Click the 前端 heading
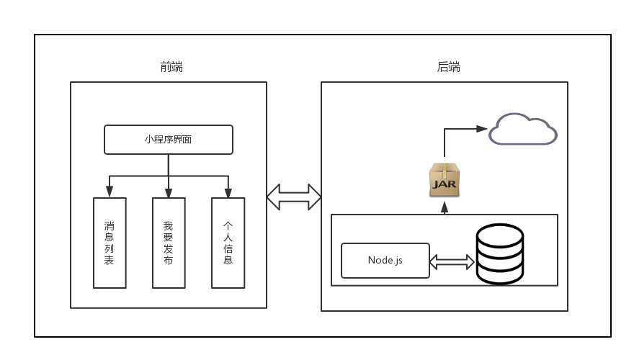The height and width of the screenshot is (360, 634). coord(171,67)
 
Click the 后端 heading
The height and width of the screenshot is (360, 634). coord(448,67)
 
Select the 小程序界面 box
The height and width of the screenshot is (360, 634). coord(169,140)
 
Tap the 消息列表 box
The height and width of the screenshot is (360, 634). coord(110,243)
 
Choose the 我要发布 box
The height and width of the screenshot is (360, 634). coord(169,243)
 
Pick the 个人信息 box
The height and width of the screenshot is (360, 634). coord(228,243)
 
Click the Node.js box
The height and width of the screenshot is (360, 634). coord(385,260)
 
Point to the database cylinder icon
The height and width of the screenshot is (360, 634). coord(499,254)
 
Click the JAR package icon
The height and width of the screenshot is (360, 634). coord(445,180)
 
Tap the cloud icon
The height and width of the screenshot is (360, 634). coord(523,130)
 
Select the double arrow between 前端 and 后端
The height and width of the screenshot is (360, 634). coord(294,197)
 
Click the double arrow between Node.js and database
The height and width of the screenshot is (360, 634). coord(452,261)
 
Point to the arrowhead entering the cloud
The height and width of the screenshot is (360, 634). coord(483,129)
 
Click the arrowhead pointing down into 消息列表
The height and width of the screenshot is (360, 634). coord(110,192)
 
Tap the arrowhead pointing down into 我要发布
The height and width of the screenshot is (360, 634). coord(169,192)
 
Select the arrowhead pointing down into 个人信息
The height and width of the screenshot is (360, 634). coord(228,192)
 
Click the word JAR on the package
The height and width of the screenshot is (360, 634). coord(445,184)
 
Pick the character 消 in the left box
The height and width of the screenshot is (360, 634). coord(110,225)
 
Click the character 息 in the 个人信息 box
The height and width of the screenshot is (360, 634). coord(228,260)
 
